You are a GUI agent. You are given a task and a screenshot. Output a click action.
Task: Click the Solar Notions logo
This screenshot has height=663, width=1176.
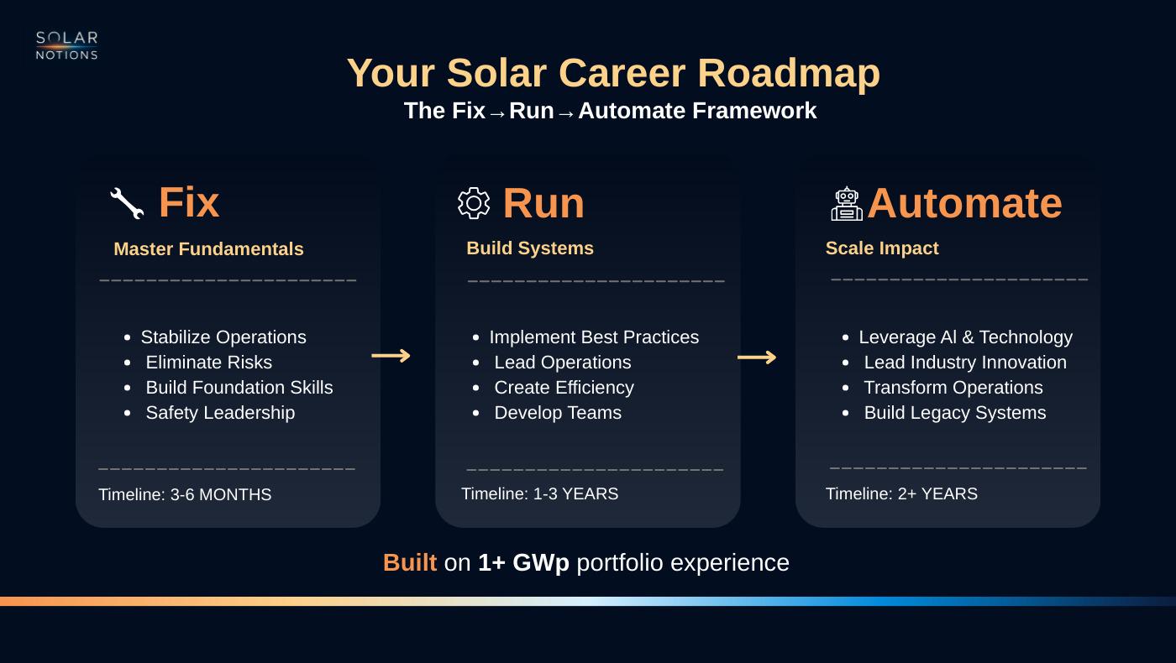coord(66,45)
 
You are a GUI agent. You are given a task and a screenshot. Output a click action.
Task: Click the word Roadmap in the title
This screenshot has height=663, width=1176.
coord(789,73)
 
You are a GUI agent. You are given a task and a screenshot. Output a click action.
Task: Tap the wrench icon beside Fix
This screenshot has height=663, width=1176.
coord(127,203)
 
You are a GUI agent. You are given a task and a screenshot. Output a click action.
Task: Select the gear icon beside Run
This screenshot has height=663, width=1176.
coord(474,203)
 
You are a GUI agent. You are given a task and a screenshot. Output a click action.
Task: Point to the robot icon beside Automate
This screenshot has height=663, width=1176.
coord(847,203)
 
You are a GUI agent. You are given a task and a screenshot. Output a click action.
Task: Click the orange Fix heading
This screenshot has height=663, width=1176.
coord(189,202)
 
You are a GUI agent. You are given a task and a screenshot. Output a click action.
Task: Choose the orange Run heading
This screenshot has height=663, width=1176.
coord(543,203)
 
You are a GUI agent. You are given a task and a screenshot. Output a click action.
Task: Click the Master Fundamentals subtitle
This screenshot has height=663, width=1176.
coord(208,248)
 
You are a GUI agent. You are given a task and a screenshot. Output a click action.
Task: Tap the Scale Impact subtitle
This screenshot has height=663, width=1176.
coord(882,248)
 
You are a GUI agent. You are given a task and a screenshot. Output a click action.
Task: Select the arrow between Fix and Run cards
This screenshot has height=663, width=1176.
coord(391,356)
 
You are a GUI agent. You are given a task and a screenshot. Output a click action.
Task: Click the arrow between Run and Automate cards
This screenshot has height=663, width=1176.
coord(757,358)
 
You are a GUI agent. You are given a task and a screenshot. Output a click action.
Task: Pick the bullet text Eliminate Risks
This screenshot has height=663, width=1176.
coord(209,362)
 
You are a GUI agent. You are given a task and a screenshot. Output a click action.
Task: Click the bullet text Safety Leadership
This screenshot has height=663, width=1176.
coord(220,412)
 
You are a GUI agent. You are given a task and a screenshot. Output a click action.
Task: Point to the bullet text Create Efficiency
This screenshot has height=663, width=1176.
coord(564,387)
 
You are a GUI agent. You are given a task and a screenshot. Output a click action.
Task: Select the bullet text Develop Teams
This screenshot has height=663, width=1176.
coord(558,412)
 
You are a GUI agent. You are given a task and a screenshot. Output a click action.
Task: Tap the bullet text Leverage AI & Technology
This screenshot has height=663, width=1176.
coord(965,337)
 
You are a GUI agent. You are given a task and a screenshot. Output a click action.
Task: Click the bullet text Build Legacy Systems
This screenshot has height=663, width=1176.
coord(955,412)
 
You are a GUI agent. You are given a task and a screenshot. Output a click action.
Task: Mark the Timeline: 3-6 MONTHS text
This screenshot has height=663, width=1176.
coord(185,494)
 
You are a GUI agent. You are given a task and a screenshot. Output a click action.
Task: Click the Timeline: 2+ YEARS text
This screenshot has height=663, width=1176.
coord(901,493)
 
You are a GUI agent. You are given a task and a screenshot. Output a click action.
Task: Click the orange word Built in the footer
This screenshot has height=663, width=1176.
coord(410,562)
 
